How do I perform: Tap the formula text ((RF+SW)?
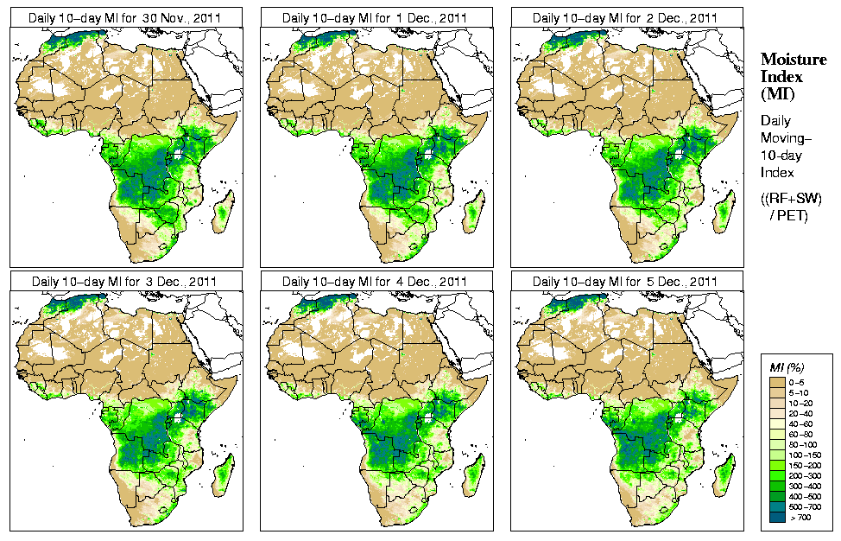pos(792,199)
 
